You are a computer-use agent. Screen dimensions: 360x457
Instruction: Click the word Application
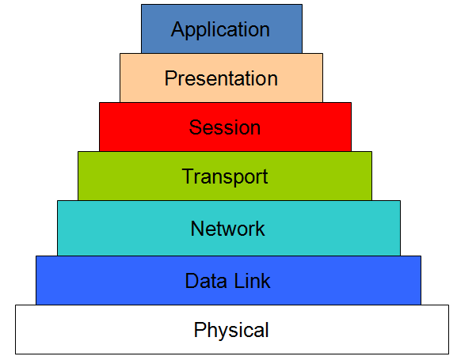pos(220,31)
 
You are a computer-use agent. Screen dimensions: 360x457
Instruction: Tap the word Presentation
pos(221,79)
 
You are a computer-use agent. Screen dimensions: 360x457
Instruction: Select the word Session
pos(224,127)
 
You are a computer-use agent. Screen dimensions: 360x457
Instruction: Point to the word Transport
pos(225,176)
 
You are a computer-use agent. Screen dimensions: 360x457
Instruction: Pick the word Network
pos(227,229)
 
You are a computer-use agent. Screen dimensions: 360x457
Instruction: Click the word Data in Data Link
pos(203,280)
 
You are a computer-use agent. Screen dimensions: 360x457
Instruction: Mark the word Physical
pos(231,330)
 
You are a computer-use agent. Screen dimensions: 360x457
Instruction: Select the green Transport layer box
pos(119,176)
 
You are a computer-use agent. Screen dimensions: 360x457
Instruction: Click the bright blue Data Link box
pos(95,280)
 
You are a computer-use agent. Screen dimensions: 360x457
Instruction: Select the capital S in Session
pos(195,127)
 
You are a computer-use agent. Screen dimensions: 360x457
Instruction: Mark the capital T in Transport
pos(188,176)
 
